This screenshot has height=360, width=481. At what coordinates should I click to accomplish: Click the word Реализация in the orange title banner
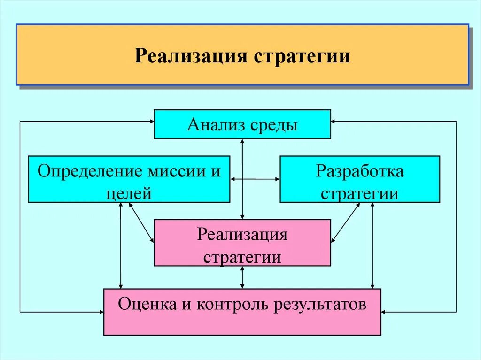[x=191, y=57]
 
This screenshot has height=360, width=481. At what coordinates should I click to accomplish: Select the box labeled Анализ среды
[x=242, y=124]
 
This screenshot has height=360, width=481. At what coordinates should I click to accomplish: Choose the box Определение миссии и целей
[x=129, y=179]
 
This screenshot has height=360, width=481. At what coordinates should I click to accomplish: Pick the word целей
[x=129, y=193]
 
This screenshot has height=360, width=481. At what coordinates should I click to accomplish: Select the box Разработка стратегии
[x=360, y=179]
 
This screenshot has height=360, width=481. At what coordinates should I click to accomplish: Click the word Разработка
[x=360, y=170]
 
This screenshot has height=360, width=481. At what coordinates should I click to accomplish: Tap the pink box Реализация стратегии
[x=242, y=242]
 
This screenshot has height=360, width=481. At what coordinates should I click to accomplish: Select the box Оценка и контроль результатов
[x=242, y=312]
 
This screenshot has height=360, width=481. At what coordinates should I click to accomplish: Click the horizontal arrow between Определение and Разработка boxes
[x=255, y=179]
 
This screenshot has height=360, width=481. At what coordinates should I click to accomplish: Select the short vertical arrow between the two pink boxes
[x=242, y=277]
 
